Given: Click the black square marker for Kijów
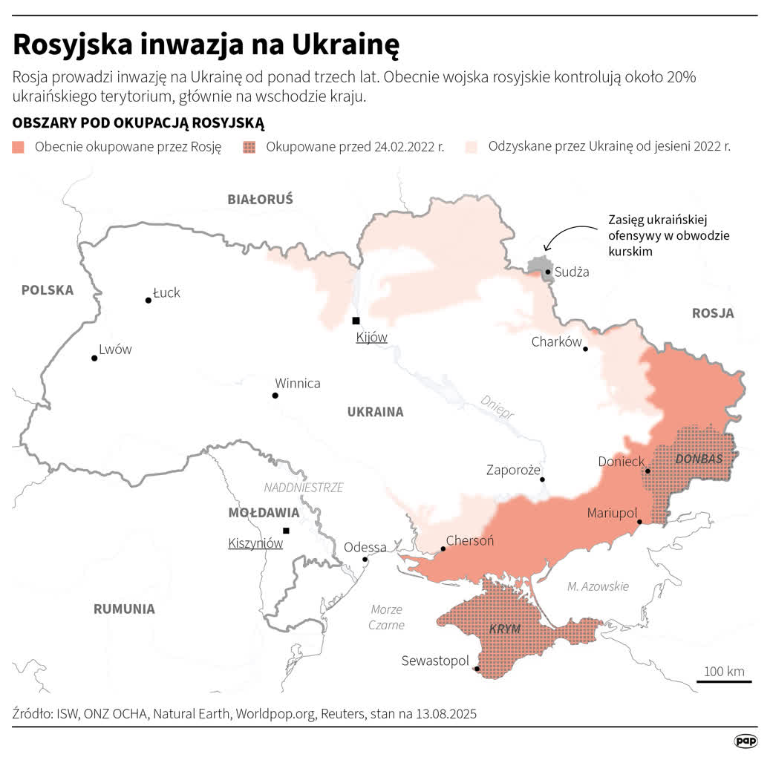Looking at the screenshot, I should tap(356, 321).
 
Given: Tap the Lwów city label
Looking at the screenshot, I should tap(115, 349).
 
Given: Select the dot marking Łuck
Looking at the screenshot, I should tap(149, 301).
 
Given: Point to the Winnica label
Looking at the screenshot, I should tap(297, 383).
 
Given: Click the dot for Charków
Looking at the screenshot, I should tap(586, 349).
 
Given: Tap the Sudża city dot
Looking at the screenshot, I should tap(548, 272).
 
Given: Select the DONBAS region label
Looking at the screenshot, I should tap(699, 459).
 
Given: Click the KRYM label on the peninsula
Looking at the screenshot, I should tap(504, 629).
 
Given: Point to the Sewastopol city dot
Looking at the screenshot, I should tap(477, 669).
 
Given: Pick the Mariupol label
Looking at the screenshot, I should tap(612, 512).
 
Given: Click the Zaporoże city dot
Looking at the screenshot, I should tap(543, 479).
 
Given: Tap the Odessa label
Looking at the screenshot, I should tap(365, 547).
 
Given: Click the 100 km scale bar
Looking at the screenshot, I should tap(724, 681).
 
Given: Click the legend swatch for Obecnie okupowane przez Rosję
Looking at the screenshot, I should tap(19, 147).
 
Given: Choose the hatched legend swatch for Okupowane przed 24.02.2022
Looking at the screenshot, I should tap(249, 147).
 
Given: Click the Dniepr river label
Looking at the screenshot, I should tap(497, 407).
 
